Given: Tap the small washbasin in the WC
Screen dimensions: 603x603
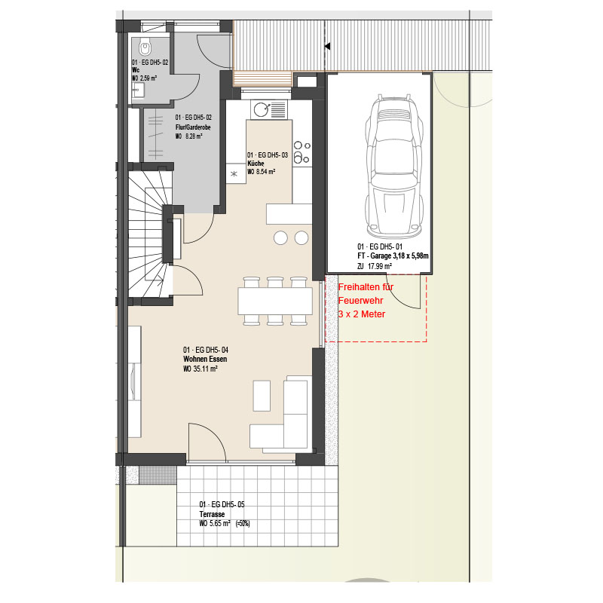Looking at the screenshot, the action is tap(138, 91).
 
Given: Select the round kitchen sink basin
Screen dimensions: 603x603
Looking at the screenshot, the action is tap(262, 109).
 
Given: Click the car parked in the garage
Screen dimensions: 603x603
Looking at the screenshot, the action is tap(394, 166).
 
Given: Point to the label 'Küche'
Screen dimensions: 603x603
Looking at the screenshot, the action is tap(256, 164).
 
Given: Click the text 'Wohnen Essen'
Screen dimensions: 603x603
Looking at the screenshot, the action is tap(205, 360).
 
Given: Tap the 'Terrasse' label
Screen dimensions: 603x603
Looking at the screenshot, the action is tap(212, 514).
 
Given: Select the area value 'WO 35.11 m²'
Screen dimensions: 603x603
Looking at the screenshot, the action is tap(200, 369).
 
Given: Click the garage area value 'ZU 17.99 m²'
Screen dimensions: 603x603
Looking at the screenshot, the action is tap(375, 266).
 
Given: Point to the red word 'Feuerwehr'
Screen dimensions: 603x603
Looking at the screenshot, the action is tap(361, 301).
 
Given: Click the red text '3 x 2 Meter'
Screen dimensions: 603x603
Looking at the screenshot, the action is tap(362, 314).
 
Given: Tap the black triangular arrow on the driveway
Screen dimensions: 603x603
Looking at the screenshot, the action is tap(327, 46).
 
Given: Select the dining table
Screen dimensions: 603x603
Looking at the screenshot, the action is tap(275, 301).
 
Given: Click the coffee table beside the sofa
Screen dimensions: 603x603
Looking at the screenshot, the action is tap(262, 396).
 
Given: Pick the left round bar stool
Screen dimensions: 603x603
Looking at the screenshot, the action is tap(280, 238).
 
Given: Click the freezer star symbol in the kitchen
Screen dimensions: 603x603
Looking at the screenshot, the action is tap(234, 174).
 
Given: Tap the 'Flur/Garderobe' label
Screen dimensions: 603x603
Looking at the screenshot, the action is tap(193, 127).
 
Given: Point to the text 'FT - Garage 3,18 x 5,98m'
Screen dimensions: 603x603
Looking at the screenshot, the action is tap(393, 256).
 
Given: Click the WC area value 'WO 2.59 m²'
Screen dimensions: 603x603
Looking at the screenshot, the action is tap(145, 78).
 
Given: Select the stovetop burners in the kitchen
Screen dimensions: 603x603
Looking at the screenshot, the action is tap(302, 153).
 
